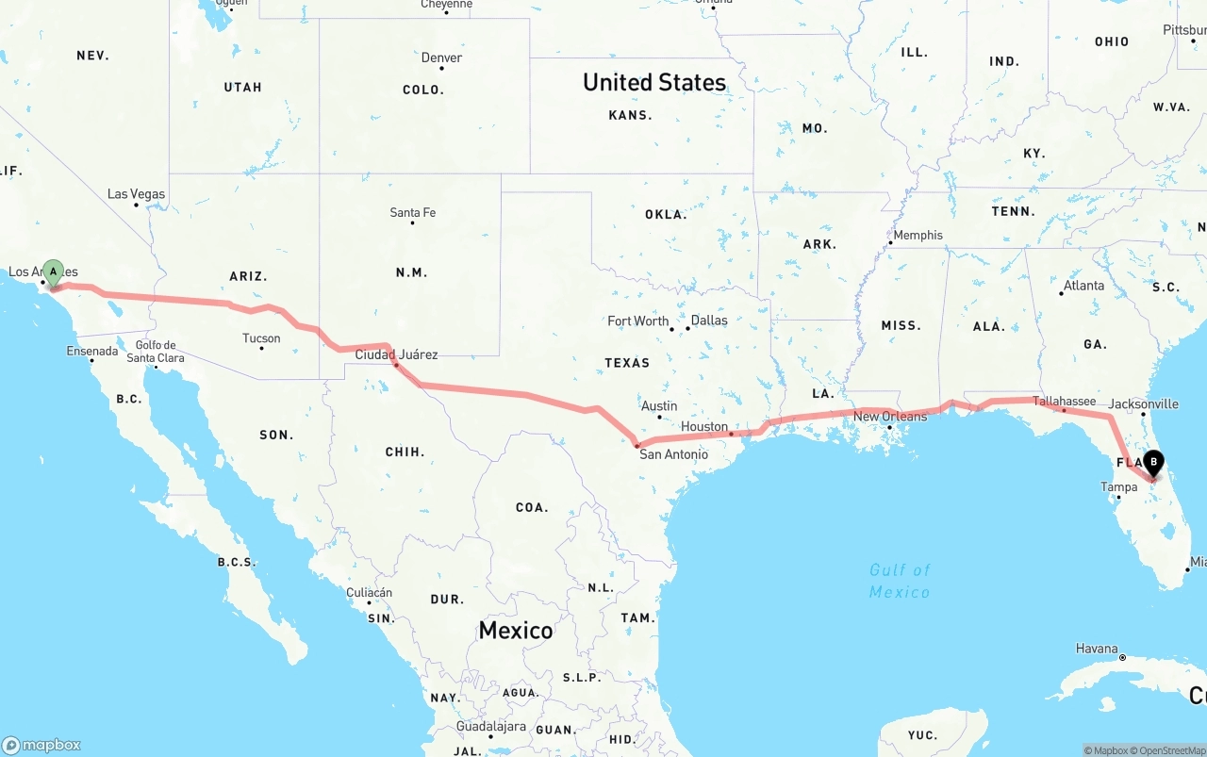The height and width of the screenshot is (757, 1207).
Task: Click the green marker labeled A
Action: coord(53,272)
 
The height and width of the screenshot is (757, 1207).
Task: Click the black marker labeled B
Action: coord(1152,463)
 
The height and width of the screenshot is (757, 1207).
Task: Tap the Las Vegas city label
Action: coord(136,194)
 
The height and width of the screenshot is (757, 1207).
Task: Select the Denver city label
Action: coord(441,58)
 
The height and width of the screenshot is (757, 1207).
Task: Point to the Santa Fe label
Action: coord(413,212)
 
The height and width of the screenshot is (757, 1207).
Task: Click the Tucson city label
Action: coord(261,338)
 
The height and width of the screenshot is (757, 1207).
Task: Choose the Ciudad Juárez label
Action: coord(396,354)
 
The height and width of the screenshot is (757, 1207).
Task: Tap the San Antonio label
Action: coord(673,454)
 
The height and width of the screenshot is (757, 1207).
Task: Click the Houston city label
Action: coord(704,426)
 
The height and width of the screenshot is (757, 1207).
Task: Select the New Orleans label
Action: coord(890,416)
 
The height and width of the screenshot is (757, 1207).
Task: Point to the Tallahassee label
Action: coord(1064,401)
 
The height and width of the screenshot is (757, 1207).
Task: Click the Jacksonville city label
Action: coord(1143,403)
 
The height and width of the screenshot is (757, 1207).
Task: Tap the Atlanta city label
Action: coord(1083,286)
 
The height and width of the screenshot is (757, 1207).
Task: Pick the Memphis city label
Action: coord(918,235)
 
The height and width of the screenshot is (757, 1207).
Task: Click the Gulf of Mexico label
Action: coord(900,581)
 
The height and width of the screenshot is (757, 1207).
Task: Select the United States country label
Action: coord(654,82)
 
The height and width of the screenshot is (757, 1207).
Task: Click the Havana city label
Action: coord(1097,649)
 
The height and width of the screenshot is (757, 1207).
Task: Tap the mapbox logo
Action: coord(41,745)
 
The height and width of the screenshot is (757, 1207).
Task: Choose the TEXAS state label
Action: coord(627,362)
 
